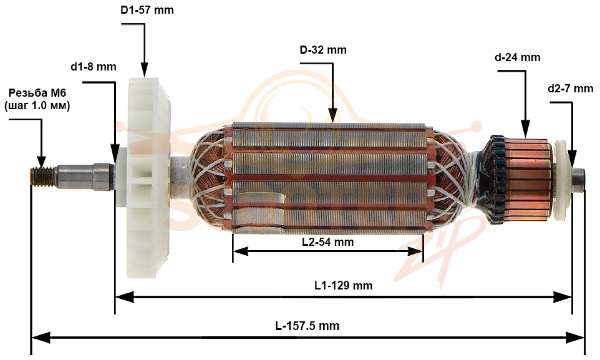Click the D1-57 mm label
[147, 10]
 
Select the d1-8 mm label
[94, 67]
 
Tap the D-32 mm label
[323, 50]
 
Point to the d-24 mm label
[517, 57]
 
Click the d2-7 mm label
[571, 89]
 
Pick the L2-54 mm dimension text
[328, 242]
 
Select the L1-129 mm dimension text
[343, 285]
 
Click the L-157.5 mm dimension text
[307, 326]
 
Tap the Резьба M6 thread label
[37, 99]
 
